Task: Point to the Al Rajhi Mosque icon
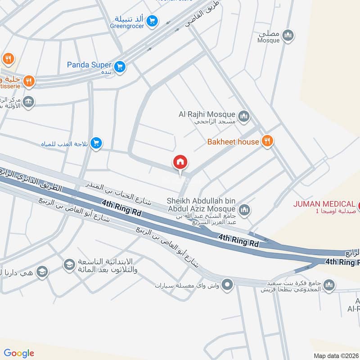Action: pyautogui.click(x=244, y=117)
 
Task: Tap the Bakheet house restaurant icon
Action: pyautogui.click(x=268, y=141)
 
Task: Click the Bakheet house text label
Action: pyautogui.click(x=233, y=142)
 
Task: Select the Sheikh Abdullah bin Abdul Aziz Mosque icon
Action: pyautogui.click(x=244, y=209)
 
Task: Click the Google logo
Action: pyautogui.click(x=19, y=353)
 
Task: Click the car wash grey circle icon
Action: pyautogui.click(x=228, y=284)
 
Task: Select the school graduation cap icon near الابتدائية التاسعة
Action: pyautogui.click(x=69, y=263)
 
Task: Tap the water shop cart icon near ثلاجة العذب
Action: pyautogui.click(x=96, y=144)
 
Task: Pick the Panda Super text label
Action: pyautogui.click(x=89, y=65)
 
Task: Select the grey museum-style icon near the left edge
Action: pyautogui.click(x=29, y=101)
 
